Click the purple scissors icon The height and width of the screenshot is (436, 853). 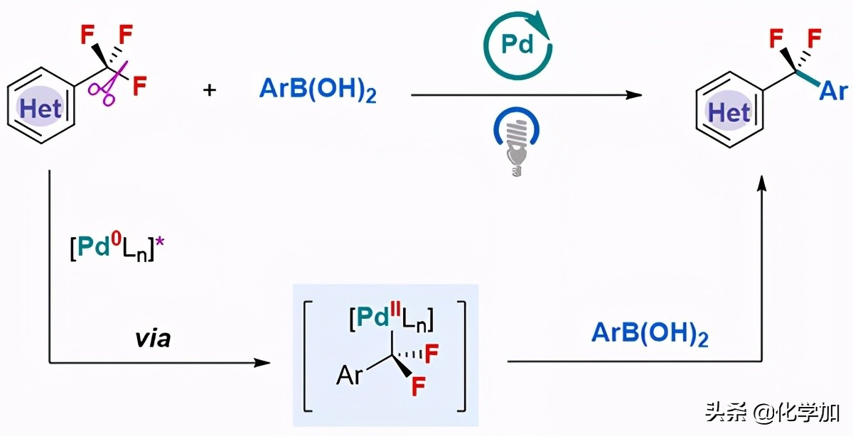pyautogui.click(x=110, y=84)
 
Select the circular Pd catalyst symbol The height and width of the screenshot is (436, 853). pyautogui.click(x=517, y=44)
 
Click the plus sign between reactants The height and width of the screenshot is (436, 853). pyautogui.click(x=210, y=90)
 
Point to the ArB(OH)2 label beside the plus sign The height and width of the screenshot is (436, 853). pyautogui.click(x=318, y=92)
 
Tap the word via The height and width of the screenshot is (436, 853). pyautogui.click(x=153, y=339)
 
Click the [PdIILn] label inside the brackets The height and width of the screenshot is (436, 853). pyautogui.click(x=392, y=318)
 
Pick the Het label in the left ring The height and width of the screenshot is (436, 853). pyautogui.click(x=41, y=109)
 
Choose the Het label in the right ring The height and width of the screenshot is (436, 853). pyautogui.click(x=729, y=112)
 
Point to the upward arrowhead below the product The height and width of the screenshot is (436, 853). pyautogui.click(x=761, y=184)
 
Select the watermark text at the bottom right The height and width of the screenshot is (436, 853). pyautogui.click(x=771, y=411)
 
